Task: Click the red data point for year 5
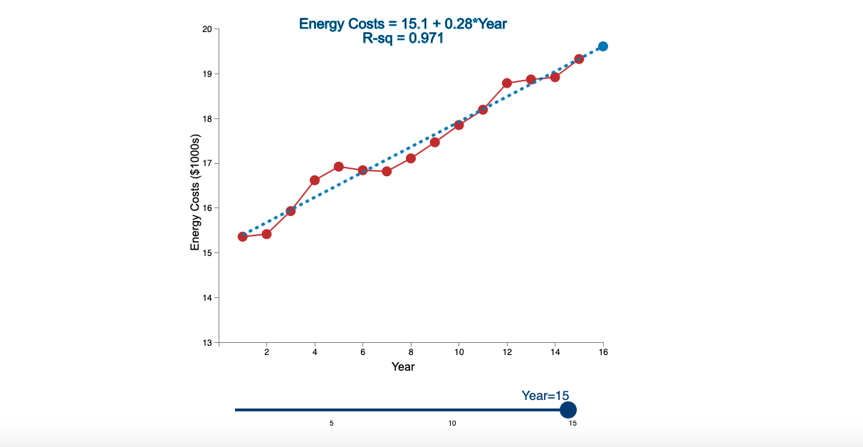point(339,167)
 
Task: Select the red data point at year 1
point(243,237)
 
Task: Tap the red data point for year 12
point(507,83)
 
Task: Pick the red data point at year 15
point(579,59)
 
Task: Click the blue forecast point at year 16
point(603,46)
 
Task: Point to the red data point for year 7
point(387,171)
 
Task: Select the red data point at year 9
point(435,143)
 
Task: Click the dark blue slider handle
point(568,410)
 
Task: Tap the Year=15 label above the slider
point(545,396)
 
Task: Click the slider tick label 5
point(332,423)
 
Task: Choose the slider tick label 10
point(452,423)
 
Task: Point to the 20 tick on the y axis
point(207,29)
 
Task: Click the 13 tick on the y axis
point(207,343)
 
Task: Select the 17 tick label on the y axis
point(207,163)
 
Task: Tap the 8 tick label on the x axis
point(411,352)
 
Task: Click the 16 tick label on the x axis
point(603,352)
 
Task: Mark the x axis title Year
point(403,367)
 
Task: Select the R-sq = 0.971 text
point(403,38)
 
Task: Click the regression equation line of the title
point(403,24)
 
